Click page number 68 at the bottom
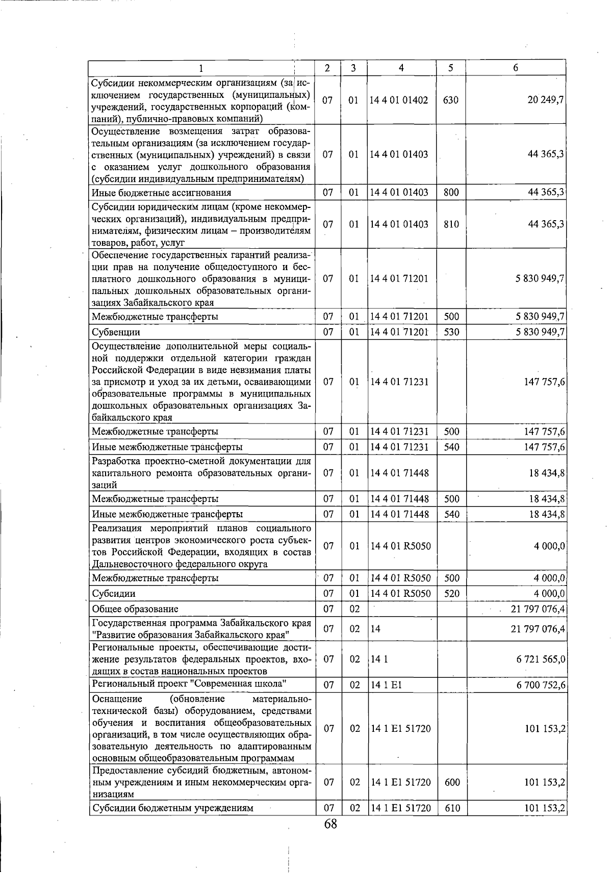tap(330, 824)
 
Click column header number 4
tap(402, 68)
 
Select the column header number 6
tap(516, 68)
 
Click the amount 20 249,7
tap(545, 100)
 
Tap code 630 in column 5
tap(451, 100)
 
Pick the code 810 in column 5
tap(451, 224)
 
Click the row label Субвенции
tap(116, 332)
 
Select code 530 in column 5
tap(451, 332)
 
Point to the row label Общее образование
tap(135, 609)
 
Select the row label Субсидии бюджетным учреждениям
tap(172, 808)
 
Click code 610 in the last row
tap(452, 808)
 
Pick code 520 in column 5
tap(451, 594)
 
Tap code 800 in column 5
tap(451, 193)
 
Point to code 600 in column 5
tap(452, 782)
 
